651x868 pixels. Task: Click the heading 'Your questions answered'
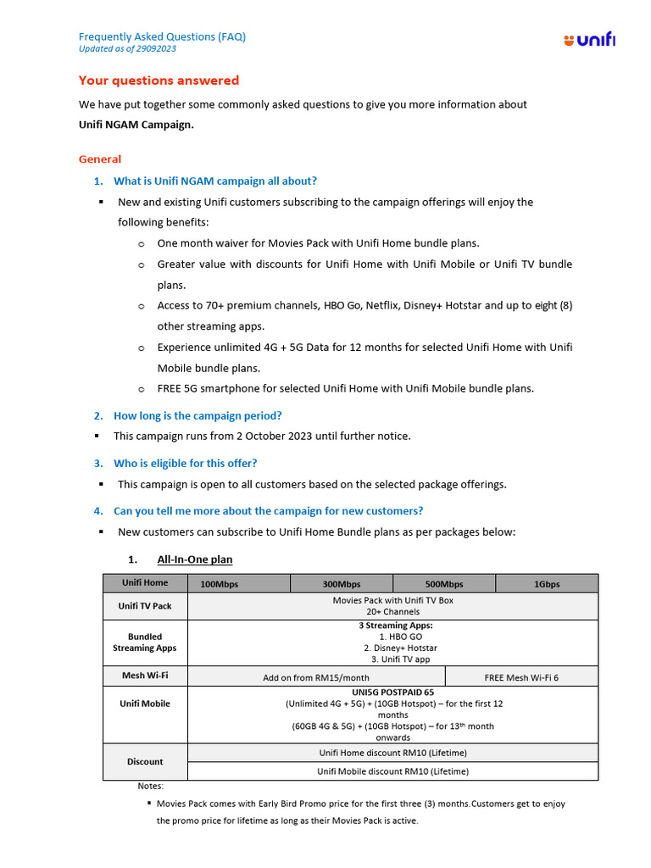click(x=159, y=81)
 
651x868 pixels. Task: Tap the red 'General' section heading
click(x=100, y=159)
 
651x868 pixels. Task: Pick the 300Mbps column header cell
click(x=341, y=584)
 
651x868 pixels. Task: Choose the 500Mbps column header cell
click(x=444, y=584)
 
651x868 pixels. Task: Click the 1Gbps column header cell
click(x=547, y=584)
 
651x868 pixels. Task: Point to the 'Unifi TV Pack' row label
click(x=145, y=606)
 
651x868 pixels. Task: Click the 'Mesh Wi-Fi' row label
click(x=145, y=676)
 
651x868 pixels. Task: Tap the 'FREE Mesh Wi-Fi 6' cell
click(x=521, y=677)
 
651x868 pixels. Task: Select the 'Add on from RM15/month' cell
click(x=316, y=677)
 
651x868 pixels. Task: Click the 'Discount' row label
click(x=145, y=761)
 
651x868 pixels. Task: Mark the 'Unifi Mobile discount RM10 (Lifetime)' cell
click(x=392, y=771)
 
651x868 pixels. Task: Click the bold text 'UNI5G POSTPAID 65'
click(x=392, y=692)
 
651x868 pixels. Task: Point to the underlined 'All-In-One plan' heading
click(x=194, y=559)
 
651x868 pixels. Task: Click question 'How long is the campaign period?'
click(x=198, y=415)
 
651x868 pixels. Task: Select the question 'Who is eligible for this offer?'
click(x=185, y=463)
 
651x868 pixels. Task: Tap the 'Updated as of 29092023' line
click(x=127, y=49)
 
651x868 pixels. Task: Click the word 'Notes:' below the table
click(x=151, y=786)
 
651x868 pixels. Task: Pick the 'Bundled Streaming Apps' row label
click(x=145, y=642)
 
